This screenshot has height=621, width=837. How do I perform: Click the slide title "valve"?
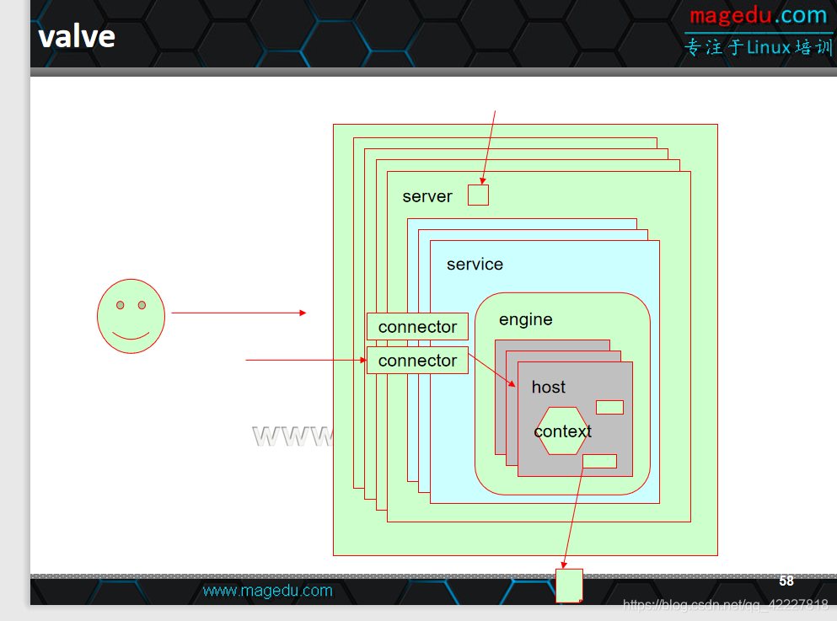pyautogui.click(x=77, y=36)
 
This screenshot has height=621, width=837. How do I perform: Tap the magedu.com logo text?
pyautogui.click(x=758, y=16)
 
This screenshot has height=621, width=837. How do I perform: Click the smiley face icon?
pyautogui.click(x=131, y=315)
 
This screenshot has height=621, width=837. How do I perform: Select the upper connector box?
pyautogui.click(x=417, y=327)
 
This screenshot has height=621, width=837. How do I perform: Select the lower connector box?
pyautogui.click(x=417, y=361)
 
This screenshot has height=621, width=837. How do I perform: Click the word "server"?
pyautogui.click(x=427, y=196)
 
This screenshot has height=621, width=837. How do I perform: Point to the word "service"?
pyautogui.click(x=475, y=265)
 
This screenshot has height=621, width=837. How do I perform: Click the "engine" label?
pyautogui.click(x=525, y=320)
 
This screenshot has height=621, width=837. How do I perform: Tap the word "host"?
pyautogui.click(x=548, y=388)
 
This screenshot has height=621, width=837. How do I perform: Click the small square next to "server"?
pyautogui.click(x=478, y=195)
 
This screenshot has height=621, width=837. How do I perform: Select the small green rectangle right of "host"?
pyautogui.click(x=609, y=407)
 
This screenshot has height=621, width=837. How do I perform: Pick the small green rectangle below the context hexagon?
pyautogui.click(x=599, y=461)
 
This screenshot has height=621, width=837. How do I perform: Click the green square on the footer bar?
pyautogui.click(x=569, y=585)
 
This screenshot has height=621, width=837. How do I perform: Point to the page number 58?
pyautogui.click(x=786, y=581)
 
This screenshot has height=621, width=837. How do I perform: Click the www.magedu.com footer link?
pyautogui.click(x=267, y=591)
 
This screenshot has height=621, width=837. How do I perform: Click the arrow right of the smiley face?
pyautogui.click(x=239, y=313)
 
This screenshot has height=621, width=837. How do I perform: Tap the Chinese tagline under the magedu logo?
pyautogui.click(x=759, y=47)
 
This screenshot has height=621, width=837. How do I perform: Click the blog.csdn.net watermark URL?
pyautogui.click(x=725, y=604)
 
